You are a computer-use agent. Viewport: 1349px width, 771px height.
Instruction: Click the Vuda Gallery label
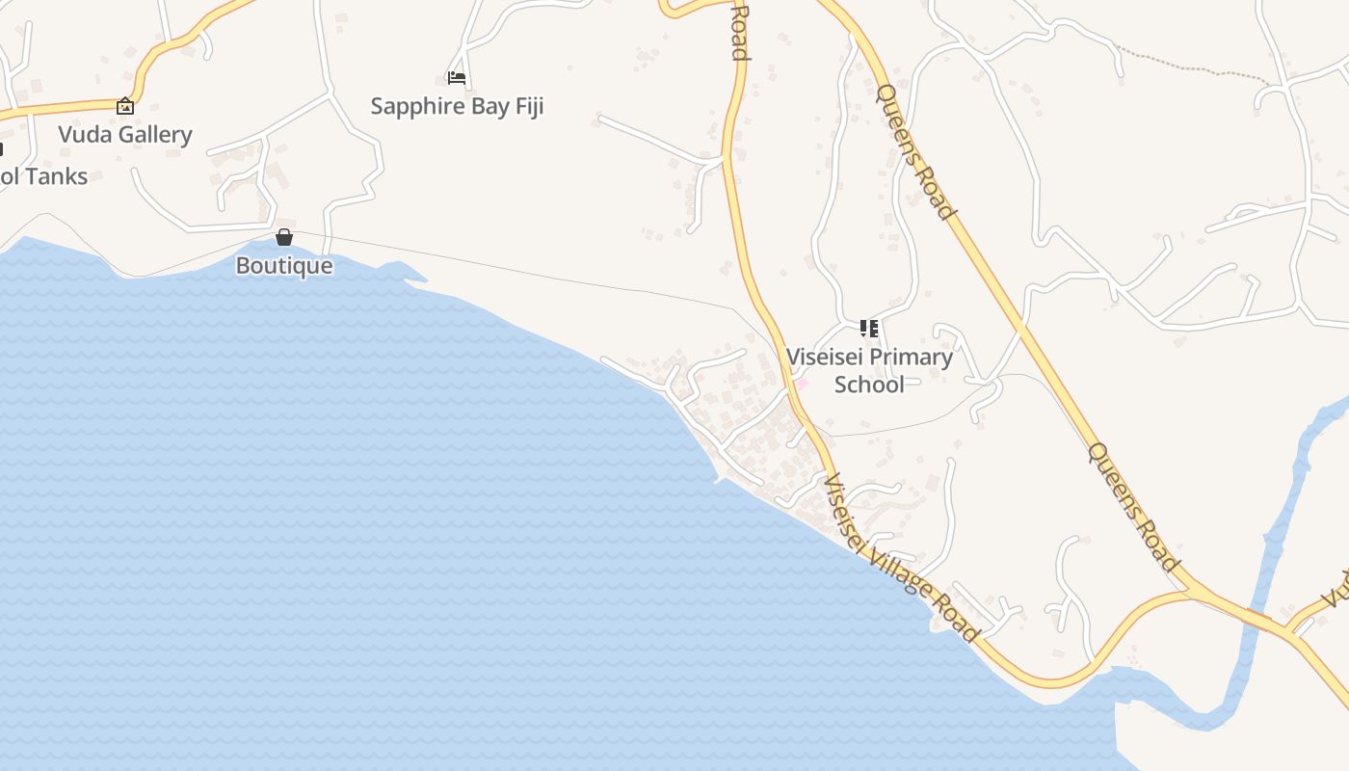[125, 135]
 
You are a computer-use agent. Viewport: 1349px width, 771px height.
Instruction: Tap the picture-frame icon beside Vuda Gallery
[124, 106]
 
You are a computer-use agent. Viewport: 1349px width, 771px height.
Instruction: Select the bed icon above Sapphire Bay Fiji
[457, 77]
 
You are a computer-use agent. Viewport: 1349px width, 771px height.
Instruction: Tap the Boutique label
[284, 266]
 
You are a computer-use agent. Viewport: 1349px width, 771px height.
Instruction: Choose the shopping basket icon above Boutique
[284, 237]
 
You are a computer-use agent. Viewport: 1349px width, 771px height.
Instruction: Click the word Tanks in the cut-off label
[58, 176]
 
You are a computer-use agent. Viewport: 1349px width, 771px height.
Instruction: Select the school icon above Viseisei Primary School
[869, 329]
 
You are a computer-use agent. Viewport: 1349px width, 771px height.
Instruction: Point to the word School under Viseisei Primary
[869, 385]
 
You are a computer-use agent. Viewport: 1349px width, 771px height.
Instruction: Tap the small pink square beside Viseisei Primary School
[801, 384]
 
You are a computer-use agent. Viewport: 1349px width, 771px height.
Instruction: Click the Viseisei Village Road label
[901, 558]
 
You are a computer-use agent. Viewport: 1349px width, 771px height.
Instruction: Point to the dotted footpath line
[1195, 66]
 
